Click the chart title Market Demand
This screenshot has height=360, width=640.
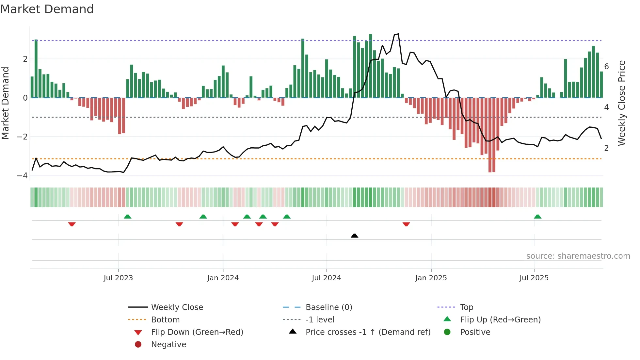47,9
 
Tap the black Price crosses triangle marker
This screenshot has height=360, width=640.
354,236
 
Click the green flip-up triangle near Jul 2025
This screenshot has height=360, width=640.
537,217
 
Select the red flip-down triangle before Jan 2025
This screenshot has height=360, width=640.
406,224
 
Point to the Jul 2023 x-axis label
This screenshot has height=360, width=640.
118,278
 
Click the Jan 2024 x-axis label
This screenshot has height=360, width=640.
223,278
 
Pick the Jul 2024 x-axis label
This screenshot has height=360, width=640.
326,278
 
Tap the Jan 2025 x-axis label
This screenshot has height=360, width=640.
431,278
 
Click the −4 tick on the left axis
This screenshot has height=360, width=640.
22,176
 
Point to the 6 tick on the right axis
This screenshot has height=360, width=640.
607,67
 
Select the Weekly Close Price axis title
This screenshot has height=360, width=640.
622,103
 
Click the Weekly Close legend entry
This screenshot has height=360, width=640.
177,307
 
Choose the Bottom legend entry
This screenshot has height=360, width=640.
165,320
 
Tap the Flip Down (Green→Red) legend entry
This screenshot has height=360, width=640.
197,332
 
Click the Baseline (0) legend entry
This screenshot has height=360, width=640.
328,307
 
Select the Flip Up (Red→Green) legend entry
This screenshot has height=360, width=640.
500,320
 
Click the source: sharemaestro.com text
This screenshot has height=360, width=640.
578,256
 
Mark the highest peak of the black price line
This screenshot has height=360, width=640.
398,34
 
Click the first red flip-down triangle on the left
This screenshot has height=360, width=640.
72,224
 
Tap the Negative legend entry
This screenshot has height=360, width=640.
168,345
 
